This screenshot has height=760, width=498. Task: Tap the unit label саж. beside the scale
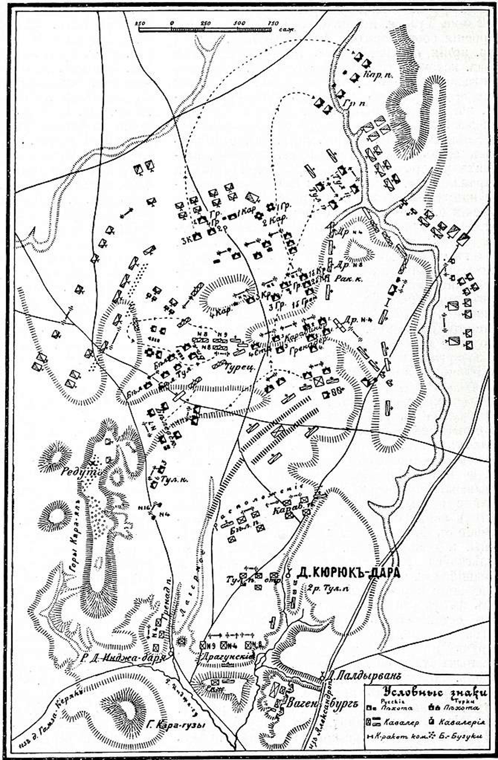coord(287,30)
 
